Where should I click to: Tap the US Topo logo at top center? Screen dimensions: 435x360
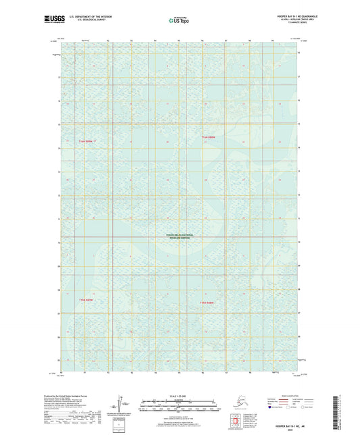(x=179, y=20)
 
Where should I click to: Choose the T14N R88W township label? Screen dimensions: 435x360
(x=209, y=303)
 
